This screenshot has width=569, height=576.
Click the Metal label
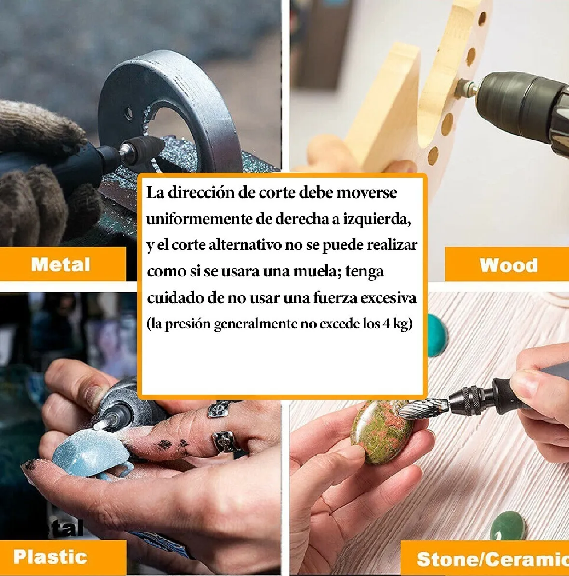coord(61,264)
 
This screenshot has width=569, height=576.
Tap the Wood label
coord(509,265)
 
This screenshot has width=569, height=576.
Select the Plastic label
coord(50,557)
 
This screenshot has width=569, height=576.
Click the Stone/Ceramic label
coord(492,559)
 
